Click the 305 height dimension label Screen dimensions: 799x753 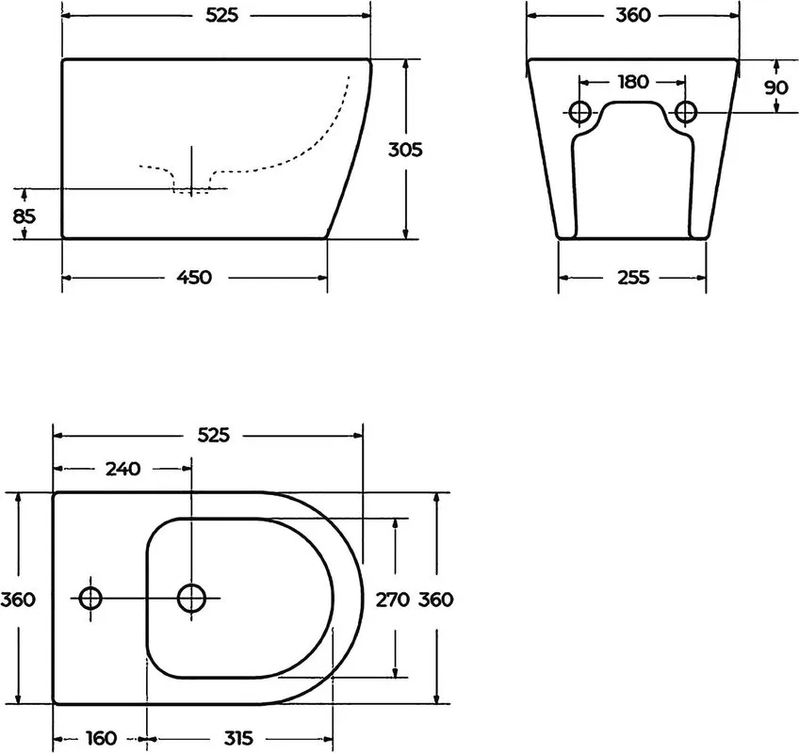click(405, 150)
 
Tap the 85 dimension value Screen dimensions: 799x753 click(24, 216)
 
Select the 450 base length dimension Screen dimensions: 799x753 click(194, 278)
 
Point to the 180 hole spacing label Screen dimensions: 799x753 click(633, 82)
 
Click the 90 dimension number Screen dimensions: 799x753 click(776, 88)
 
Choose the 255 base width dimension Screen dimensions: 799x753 click(633, 278)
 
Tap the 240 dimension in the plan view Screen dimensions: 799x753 click(122, 469)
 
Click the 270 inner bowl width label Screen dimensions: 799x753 click(392, 600)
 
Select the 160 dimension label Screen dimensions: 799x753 click(101, 738)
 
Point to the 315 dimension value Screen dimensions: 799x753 click(238, 738)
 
